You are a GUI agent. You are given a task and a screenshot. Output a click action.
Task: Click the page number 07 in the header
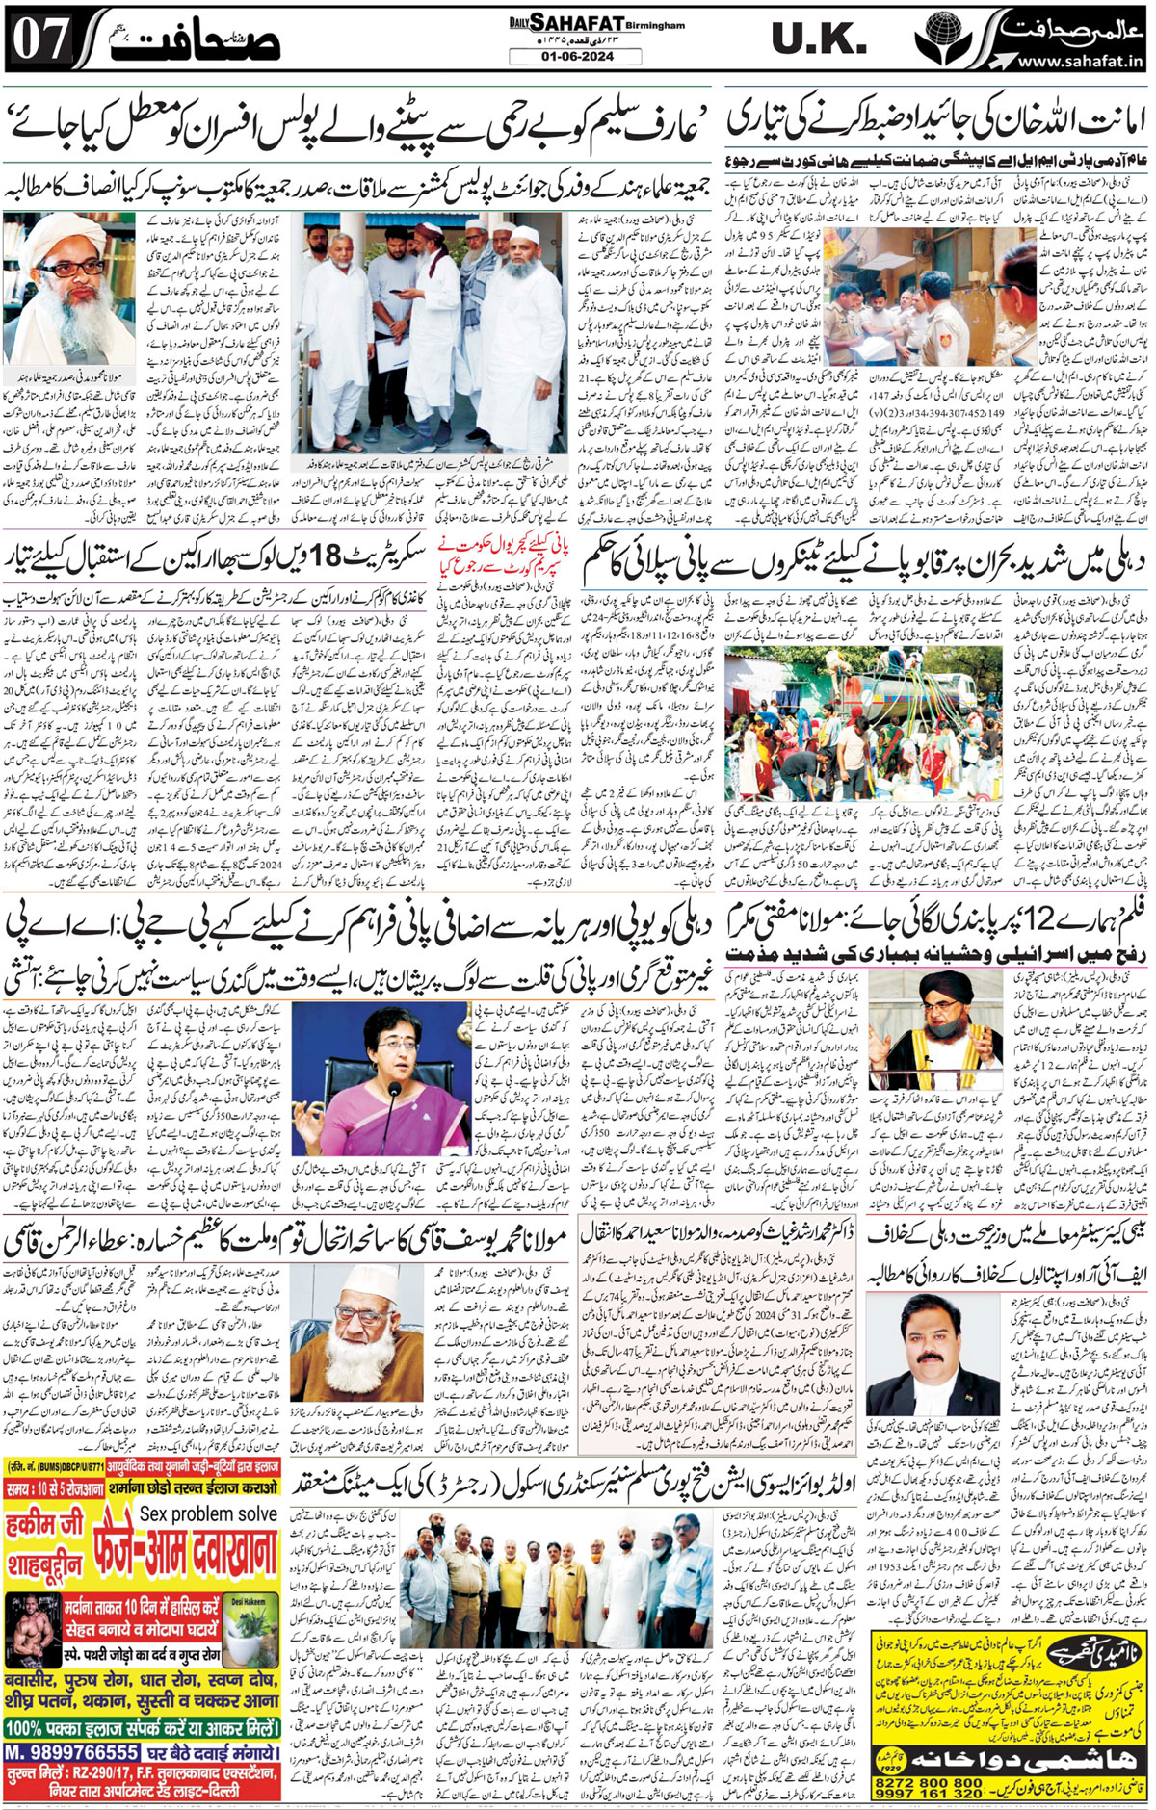[x=41, y=39]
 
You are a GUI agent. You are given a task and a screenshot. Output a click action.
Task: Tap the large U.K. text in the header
[x=820, y=39]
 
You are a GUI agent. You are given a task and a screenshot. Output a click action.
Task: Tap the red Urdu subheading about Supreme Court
[x=492, y=556]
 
